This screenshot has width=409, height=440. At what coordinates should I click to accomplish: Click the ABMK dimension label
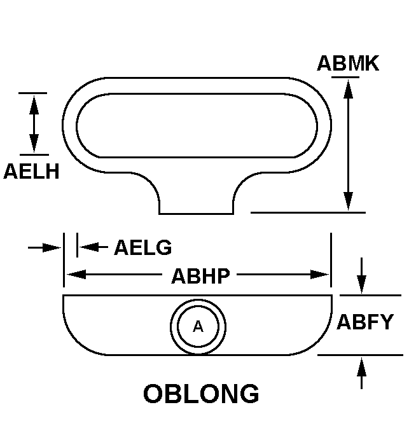click(x=348, y=63)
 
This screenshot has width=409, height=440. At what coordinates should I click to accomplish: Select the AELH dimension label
click(x=31, y=171)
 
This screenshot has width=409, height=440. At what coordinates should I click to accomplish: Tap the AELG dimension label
click(x=143, y=247)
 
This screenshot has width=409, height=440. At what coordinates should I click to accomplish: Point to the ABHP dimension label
click(x=200, y=276)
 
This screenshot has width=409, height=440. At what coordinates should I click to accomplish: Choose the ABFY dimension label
click(x=365, y=322)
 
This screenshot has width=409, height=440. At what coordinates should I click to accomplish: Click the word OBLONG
click(x=201, y=394)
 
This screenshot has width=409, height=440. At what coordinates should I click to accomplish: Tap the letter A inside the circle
click(x=198, y=327)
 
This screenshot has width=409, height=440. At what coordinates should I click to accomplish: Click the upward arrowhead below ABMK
click(x=348, y=89)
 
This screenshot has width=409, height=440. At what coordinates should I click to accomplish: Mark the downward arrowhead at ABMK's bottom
click(x=348, y=201)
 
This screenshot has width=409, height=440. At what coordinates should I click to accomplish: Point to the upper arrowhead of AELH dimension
click(x=34, y=105)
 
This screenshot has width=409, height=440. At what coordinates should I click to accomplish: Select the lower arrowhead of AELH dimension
click(x=34, y=144)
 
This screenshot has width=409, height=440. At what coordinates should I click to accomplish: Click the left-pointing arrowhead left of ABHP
click(x=76, y=275)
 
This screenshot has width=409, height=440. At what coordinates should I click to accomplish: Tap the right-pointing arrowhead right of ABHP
click(x=319, y=275)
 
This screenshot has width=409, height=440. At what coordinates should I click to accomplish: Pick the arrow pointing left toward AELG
click(x=94, y=247)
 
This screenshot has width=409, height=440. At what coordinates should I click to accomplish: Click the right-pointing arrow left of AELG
click(x=45, y=247)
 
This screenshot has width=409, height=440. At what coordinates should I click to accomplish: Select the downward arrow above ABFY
click(x=361, y=275)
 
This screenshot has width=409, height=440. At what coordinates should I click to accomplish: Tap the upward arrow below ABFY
click(x=361, y=373)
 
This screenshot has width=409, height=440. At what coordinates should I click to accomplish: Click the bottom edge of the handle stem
click(x=196, y=214)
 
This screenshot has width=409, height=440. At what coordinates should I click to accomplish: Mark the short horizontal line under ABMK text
click(x=345, y=77)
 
